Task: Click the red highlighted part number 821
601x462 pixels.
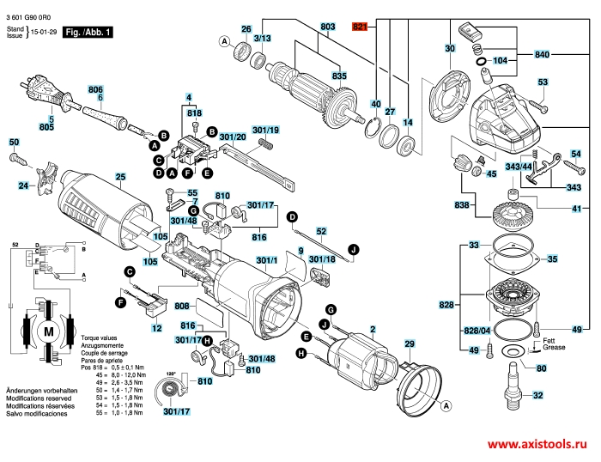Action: click(359, 28)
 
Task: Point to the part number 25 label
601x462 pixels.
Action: click(120, 177)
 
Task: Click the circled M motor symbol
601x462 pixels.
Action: click(47, 331)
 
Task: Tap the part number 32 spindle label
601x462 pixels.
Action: click(538, 396)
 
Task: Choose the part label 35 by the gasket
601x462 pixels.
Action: click(552, 258)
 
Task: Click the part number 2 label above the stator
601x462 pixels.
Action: click(373, 328)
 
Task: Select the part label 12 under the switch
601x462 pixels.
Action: click(156, 328)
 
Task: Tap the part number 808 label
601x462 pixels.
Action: click(181, 306)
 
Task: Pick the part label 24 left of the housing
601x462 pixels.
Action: click(24, 185)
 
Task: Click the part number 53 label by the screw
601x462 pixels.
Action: click(543, 82)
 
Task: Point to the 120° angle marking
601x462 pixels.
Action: click(171, 374)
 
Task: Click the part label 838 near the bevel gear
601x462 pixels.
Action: click(463, 206)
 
